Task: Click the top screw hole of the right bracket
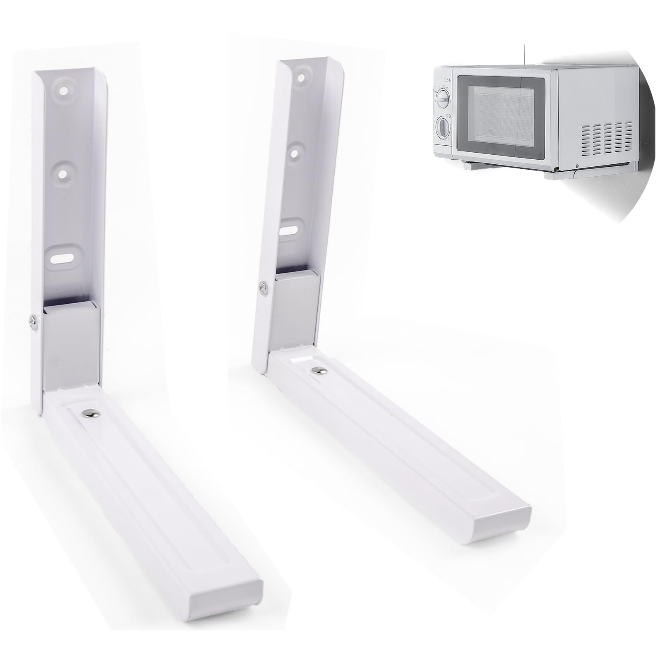coord(301,77)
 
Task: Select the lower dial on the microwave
coord(442,128)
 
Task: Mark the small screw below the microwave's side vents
coord(577,167)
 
